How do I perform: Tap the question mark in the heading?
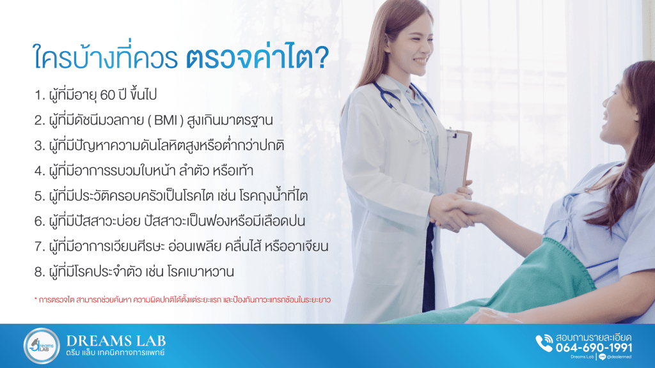tap(321, 58)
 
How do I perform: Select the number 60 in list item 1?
tap(107, 95)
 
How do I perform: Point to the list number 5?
tap(39, 196)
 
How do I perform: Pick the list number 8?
tap(39, 272)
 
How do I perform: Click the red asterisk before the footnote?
tap(36, 299)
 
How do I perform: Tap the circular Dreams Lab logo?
tap(42, 346)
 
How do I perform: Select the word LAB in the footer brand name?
tap(148, 341)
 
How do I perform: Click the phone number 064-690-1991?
tap(594, 348)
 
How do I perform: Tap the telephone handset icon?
tap(544, 343)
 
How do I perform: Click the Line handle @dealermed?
tap(619, 357)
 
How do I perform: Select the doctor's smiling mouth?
tap(420, 61)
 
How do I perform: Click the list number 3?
tap(39, 146)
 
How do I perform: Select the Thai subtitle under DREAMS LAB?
tap(115, 353)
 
